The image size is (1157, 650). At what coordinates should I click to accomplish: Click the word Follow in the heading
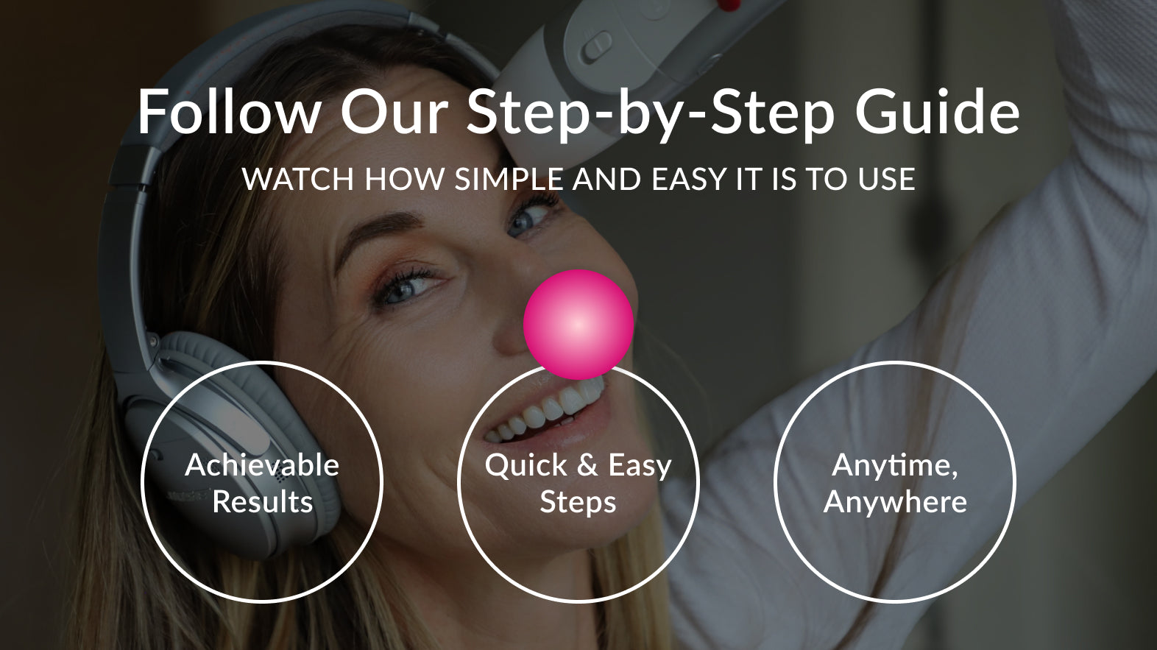click(x=228, y=112)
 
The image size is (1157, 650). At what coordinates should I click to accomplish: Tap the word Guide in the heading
click(x=937, y=112)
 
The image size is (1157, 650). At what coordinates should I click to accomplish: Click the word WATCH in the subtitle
click(x=298, y=179)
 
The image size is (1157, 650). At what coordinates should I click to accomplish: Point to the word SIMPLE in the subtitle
click(x=509, y=179)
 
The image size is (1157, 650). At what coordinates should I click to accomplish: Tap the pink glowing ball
click(x=578, y=325)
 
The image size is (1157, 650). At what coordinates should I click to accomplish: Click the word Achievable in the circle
click(x=262, y=464)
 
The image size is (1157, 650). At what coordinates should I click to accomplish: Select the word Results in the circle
click(x=263, y=501)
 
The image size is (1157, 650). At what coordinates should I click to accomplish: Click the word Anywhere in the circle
click(x=895, y=503)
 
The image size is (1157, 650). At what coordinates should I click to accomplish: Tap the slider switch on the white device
click(x=598, y=45)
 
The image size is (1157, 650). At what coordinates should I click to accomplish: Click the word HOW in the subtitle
click(x=404, y=179)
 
